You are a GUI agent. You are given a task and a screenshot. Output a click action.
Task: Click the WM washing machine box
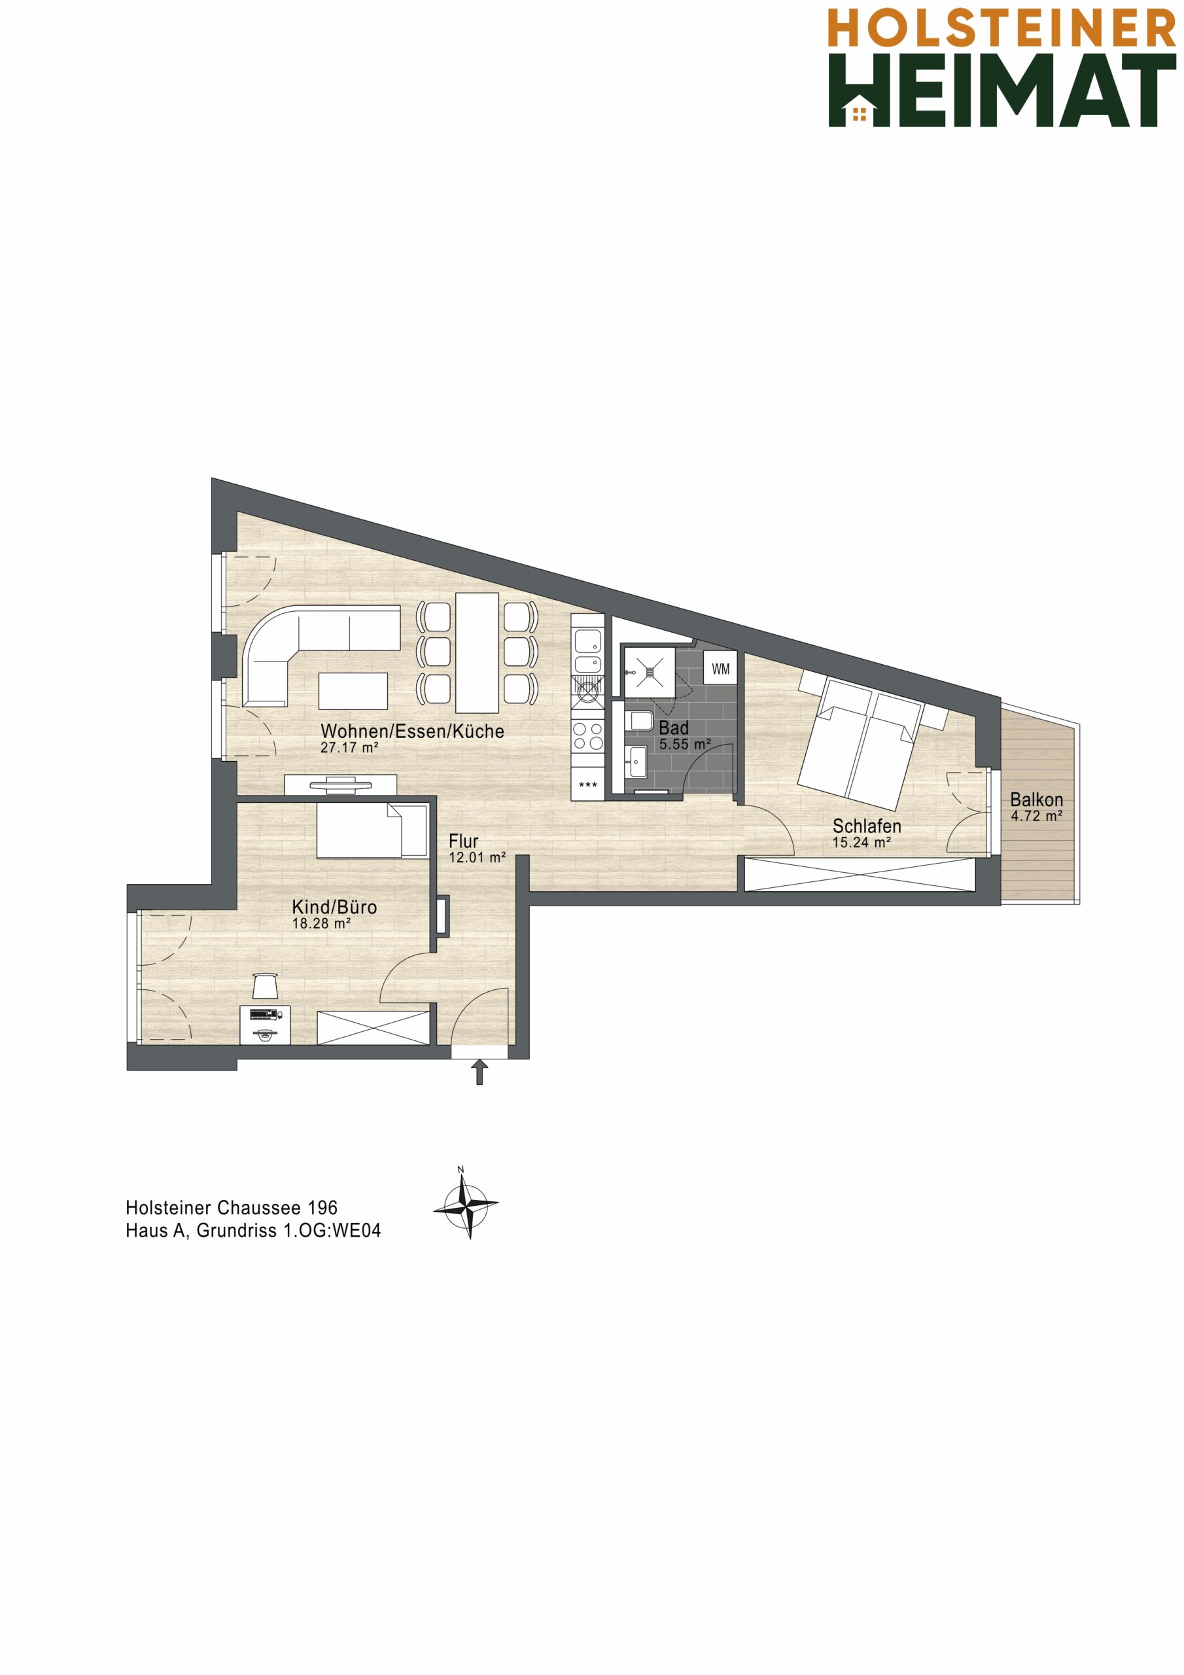720,669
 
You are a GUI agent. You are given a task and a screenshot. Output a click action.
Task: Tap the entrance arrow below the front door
479,1072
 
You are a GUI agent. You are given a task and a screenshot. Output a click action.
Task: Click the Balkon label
1036,800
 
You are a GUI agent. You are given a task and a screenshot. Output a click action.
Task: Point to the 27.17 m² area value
349,747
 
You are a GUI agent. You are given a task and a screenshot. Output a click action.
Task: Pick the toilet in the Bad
639,721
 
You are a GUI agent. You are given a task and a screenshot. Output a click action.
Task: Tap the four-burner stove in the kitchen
588,735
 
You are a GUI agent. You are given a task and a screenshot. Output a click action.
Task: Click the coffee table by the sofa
353,690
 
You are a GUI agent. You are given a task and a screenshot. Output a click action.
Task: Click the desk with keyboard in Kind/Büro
266,1023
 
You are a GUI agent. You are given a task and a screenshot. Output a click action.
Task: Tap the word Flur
463,841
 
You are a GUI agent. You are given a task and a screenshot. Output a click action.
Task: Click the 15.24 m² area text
862,843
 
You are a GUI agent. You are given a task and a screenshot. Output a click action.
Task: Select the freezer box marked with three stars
588,785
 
